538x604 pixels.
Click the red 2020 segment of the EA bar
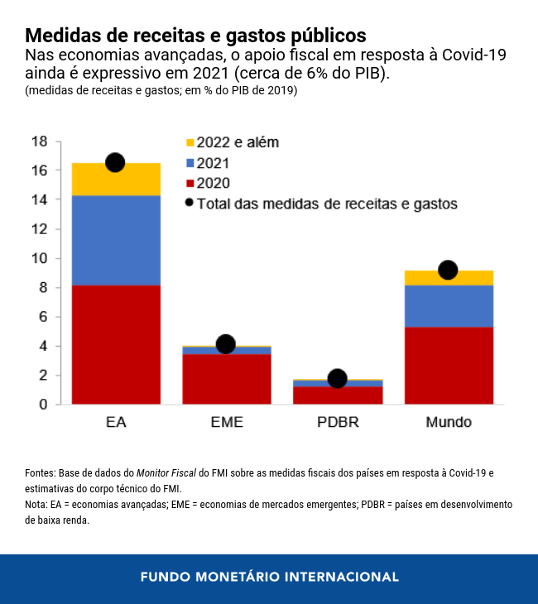click(x=116, y=344)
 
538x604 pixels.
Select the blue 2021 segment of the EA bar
click(x=116, y=240)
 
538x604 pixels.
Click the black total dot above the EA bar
click(x=115, y=162)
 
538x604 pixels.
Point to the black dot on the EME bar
click(x=225, y=344)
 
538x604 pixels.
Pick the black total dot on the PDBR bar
click(x=337, y=378)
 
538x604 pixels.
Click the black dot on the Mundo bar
click(x=448, y=270)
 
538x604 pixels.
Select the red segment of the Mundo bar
click(x=449, y=365)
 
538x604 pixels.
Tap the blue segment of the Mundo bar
click(x=449, y=305)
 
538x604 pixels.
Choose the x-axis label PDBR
click(x=338, y=423)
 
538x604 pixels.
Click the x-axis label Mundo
click(x=449, y=423)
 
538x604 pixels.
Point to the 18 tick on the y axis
click(x=39, y=141)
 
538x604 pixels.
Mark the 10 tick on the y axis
click(x=39, y=258)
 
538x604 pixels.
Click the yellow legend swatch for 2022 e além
click(x=190, y=143)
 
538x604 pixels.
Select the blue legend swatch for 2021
click(x=190, y=163)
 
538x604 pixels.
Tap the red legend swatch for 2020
click(x=190, y=183)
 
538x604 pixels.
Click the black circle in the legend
click(x=190, y=203)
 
